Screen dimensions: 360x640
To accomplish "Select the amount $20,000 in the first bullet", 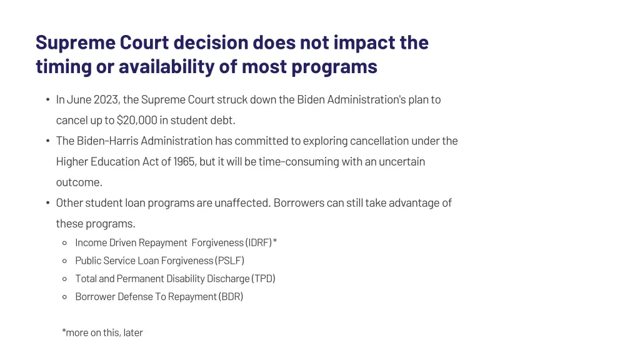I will (x=137, y=120).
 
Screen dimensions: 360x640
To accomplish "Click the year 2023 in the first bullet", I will (x=106, y=99).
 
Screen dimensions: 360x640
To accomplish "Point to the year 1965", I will (x=183, y=161).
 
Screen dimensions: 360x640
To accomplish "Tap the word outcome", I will (x=78, y=182).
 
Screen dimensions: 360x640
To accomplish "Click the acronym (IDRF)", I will (x=258, y=242).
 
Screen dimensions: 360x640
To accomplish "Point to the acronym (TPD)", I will (x=263, y=279).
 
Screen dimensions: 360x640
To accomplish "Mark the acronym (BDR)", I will (x=231, y=297).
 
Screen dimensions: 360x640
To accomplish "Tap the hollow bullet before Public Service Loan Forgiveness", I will (x=64, y=261).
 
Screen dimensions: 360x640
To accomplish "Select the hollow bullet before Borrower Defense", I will (x=64, y=297).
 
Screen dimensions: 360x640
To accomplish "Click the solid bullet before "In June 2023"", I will (x=47, y=100).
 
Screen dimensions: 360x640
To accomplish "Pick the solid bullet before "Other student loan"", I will (x=47, y=203).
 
